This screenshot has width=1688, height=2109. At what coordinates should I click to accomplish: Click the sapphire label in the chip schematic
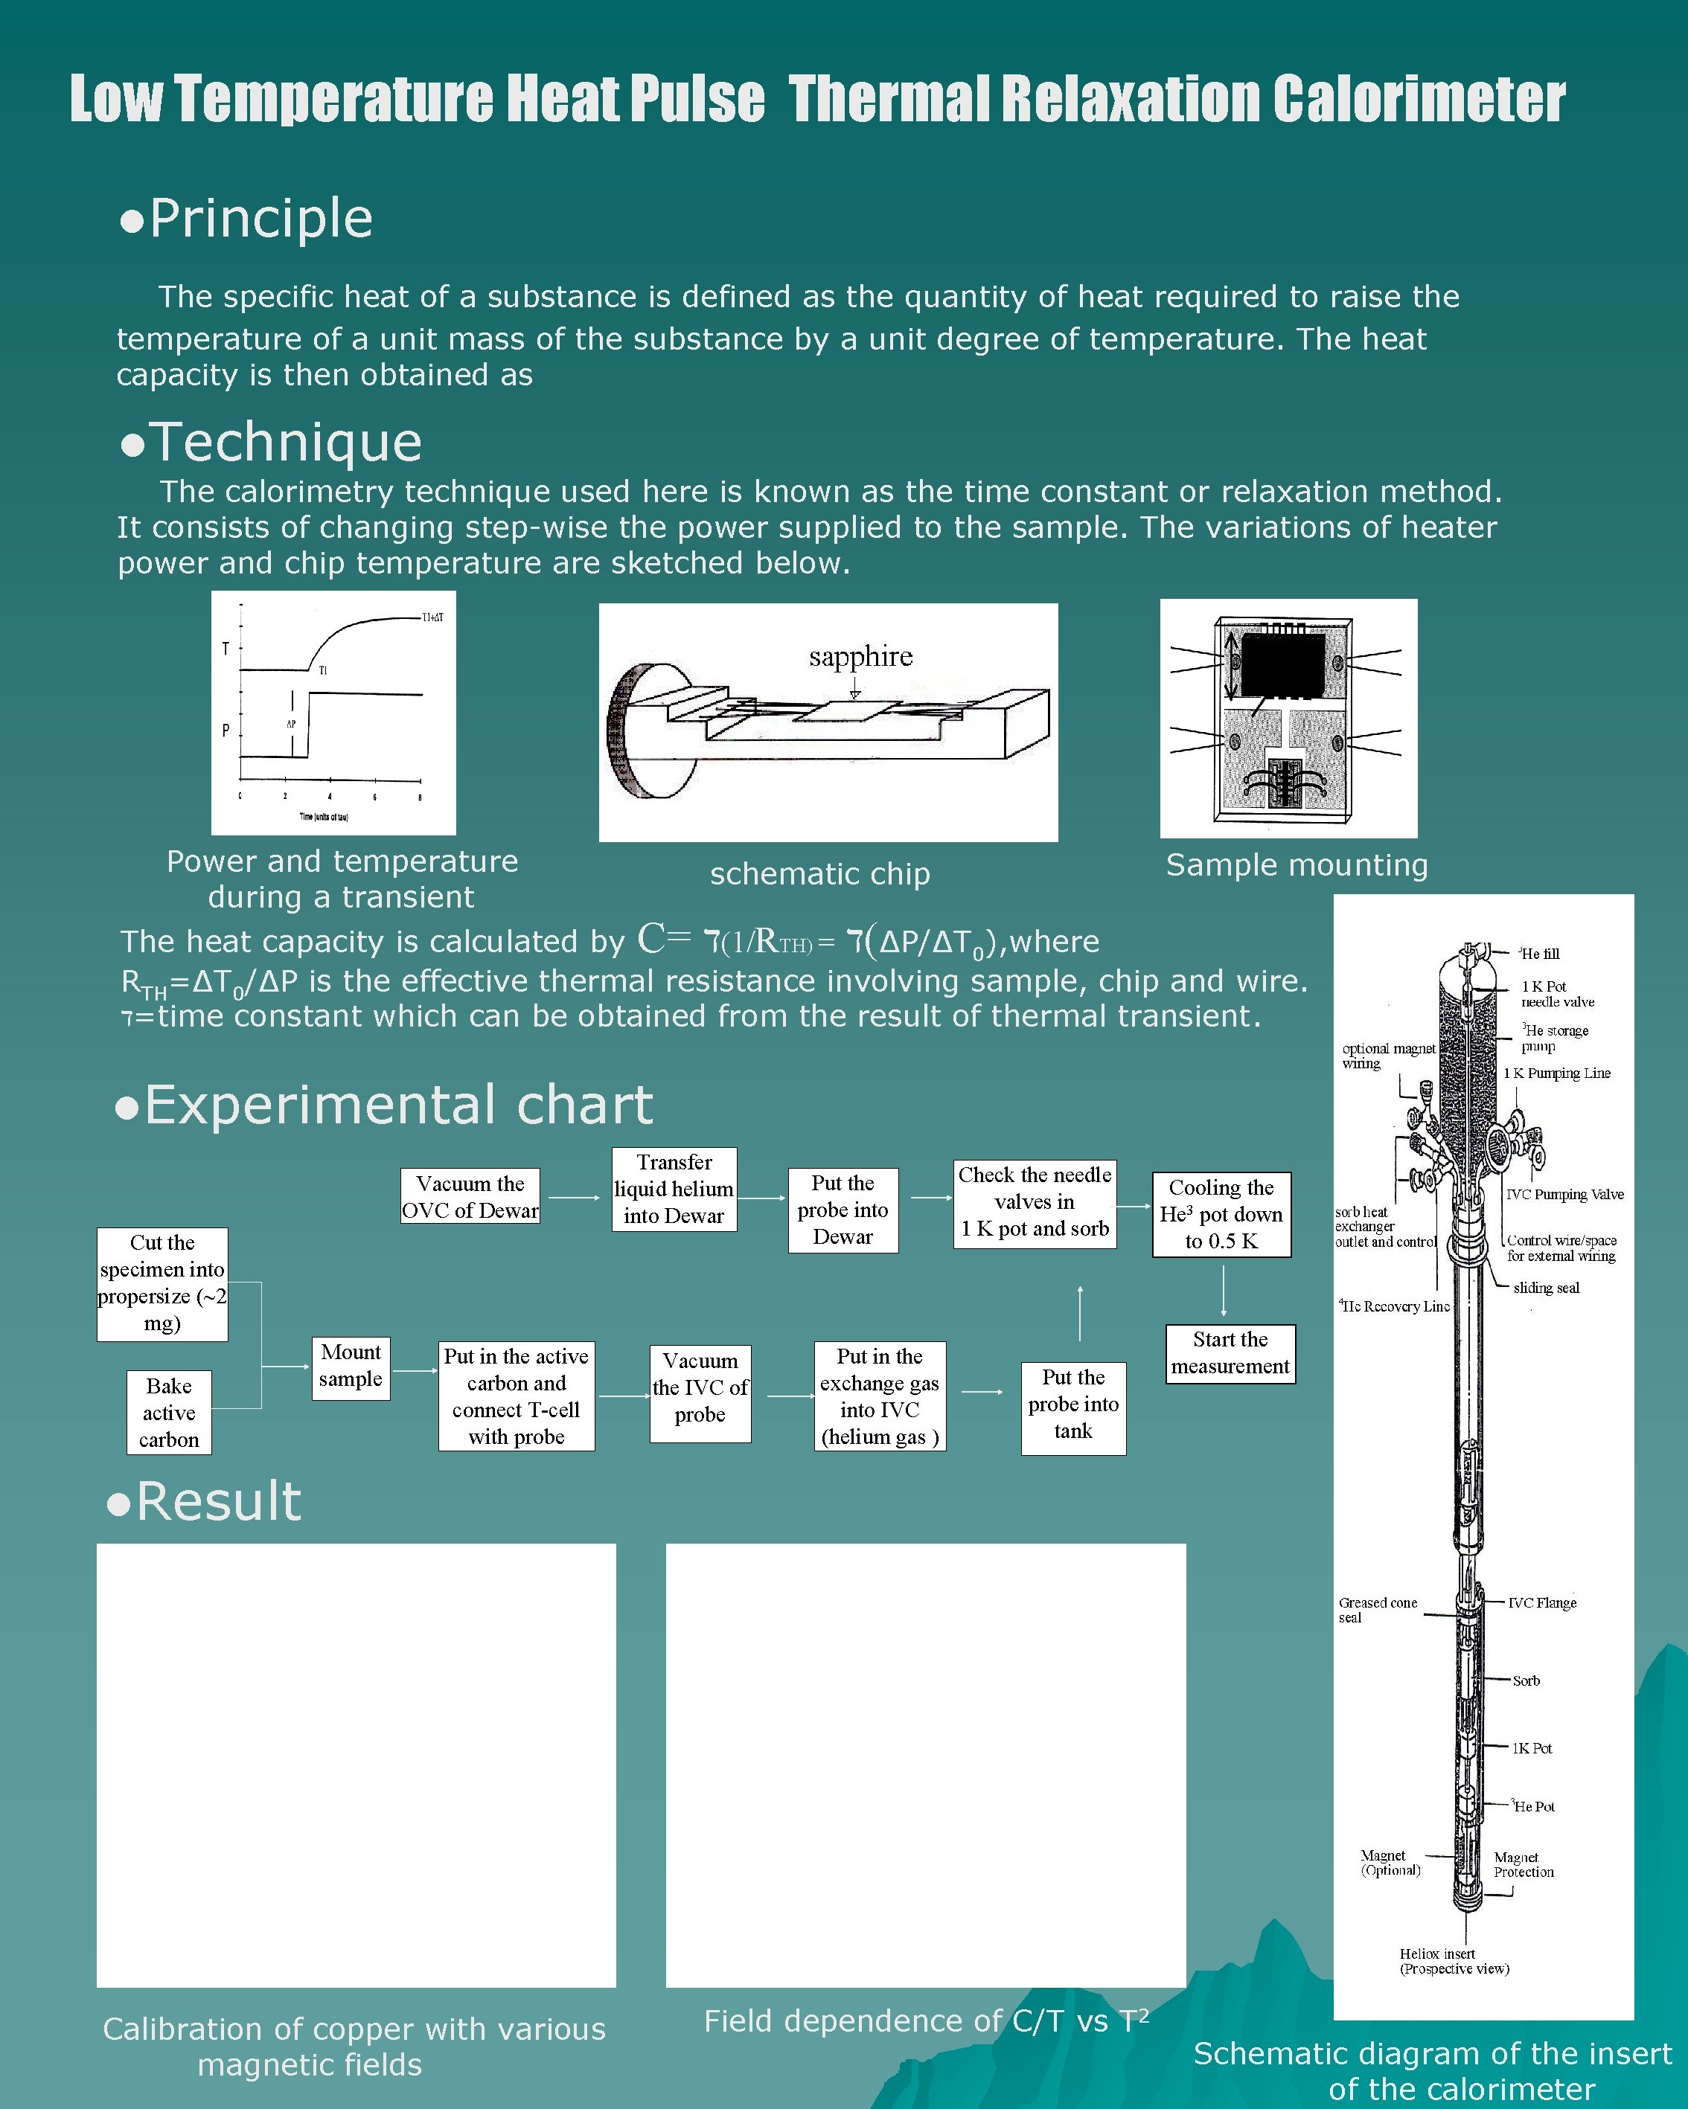tap(860, 656)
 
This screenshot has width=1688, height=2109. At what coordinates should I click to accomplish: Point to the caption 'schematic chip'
tap(819, 873)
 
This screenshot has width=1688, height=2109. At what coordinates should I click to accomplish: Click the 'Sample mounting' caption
tap(1297, 864)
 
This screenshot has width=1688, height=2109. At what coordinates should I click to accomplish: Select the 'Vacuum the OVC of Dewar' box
tap(470, 1196)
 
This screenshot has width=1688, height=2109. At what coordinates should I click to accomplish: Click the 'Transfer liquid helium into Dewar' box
tap(674, 1189)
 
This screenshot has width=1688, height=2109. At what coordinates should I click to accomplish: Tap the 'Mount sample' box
tap(351, 1367)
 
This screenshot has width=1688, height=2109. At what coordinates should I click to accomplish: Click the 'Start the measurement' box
tap(1230, 1353)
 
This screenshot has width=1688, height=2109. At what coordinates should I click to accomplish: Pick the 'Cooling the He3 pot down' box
tap(1221, 1214)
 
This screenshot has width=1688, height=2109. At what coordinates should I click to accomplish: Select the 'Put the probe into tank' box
tap(1073, 1404)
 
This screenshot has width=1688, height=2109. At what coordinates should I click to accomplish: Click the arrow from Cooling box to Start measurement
tap(1223, 1291)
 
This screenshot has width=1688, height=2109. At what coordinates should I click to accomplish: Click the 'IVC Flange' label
tap(1541, 1602)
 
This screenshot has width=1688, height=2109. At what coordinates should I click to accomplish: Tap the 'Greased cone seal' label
tap(1377, 1609)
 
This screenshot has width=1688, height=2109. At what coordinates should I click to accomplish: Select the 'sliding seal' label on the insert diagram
tap(1546, 1287)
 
